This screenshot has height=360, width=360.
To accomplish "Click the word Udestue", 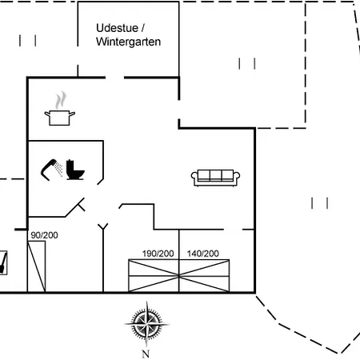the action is pyautogui.click(x=117, y=28).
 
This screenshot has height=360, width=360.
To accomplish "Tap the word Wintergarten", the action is pyautogui.click(x=128, y=42).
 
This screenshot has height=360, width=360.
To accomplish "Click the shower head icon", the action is pyautogui.click(x=52, y=170).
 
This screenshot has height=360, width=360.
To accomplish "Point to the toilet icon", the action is pyautogui.click(x=75, y=170).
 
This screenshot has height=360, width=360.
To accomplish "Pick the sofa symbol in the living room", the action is pyautogui.click(x=215, y=178).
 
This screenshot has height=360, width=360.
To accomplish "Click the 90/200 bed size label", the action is pyautogui.click(x=44, y=235).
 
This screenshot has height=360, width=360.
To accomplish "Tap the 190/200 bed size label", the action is pyautogui.click(x=158, y=254).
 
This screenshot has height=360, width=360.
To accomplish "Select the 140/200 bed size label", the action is pyautogui.click(x=203, y=254).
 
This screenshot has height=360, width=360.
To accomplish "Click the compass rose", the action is pyautogui.click(x=146, y=324).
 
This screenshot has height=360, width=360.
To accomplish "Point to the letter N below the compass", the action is pyautogui.click(x=146, y=354).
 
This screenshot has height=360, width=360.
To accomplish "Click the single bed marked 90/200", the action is pyautogui.click(x=37, y=266).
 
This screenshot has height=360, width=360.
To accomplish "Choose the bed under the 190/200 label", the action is pyautogui.click(x=154, y=276).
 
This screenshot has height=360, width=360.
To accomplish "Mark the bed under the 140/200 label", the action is pyautogui.click(x=204, y=276).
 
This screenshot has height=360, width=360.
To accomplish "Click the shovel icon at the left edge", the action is pyautogui.click(x=3, y=262).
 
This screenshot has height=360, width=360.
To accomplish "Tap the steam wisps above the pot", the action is pyautogui.click(x=61, y=100).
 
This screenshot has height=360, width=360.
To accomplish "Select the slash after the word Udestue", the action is pyautogui.click(x=142, y=28).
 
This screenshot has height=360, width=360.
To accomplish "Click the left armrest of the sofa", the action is pyautogui.click(x=194, y=176).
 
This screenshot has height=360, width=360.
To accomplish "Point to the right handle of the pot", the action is pyautogui.click(x=72, y=114).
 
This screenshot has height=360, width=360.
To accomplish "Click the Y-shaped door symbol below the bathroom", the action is pyautogui.click(x=103, y=227).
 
